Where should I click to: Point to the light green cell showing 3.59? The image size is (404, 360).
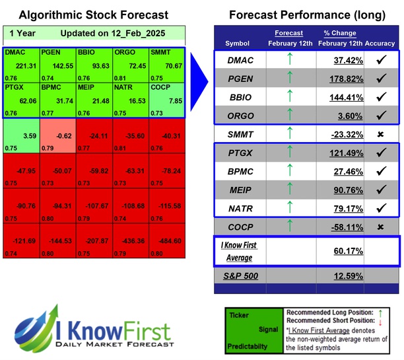pos(20,136)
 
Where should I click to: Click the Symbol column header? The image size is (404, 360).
pos(238,43)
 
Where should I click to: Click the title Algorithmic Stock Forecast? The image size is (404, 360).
pos(93,15)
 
